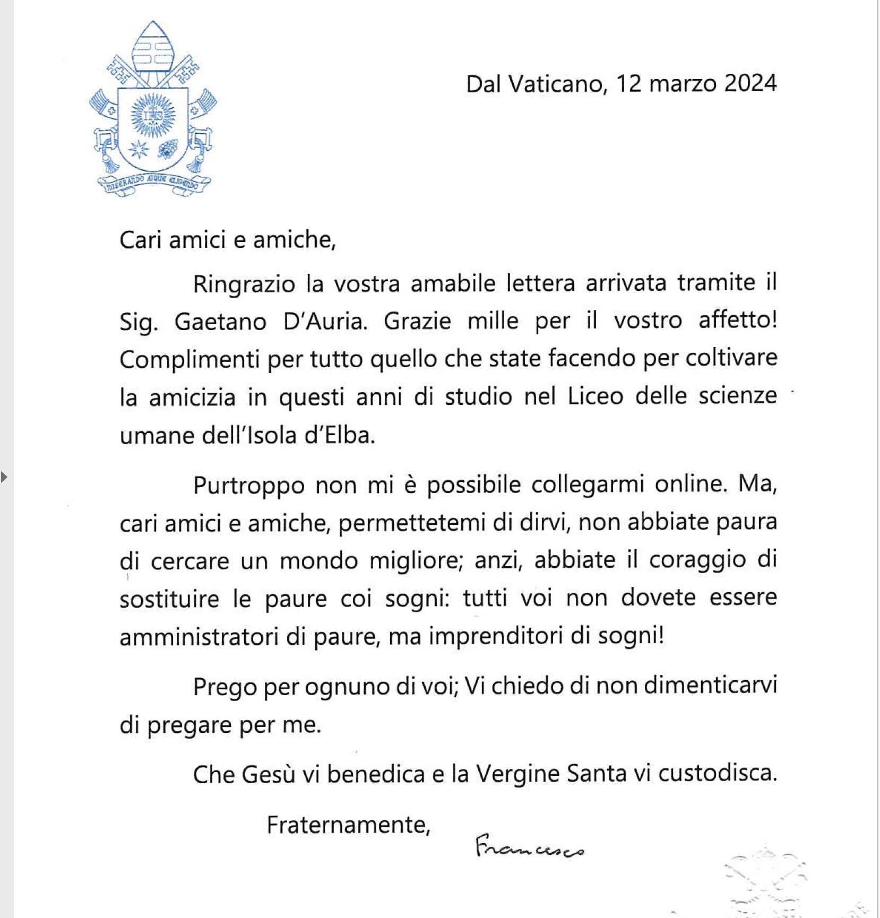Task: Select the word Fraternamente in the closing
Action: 348,825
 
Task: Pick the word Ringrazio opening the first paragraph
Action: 244,284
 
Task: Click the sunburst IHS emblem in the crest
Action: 153,116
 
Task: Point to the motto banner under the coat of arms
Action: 153,183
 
